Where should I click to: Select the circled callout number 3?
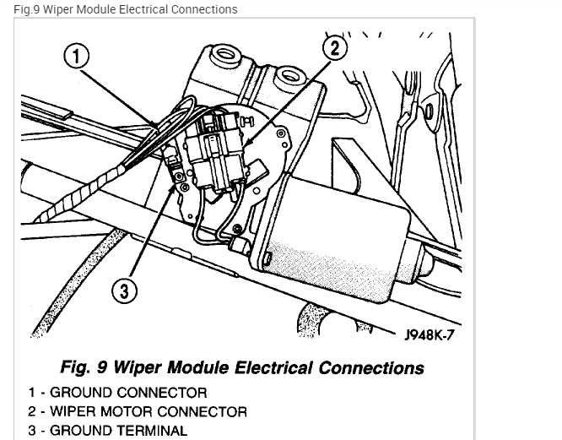[124, 291]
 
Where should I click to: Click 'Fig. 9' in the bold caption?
[84, 368]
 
